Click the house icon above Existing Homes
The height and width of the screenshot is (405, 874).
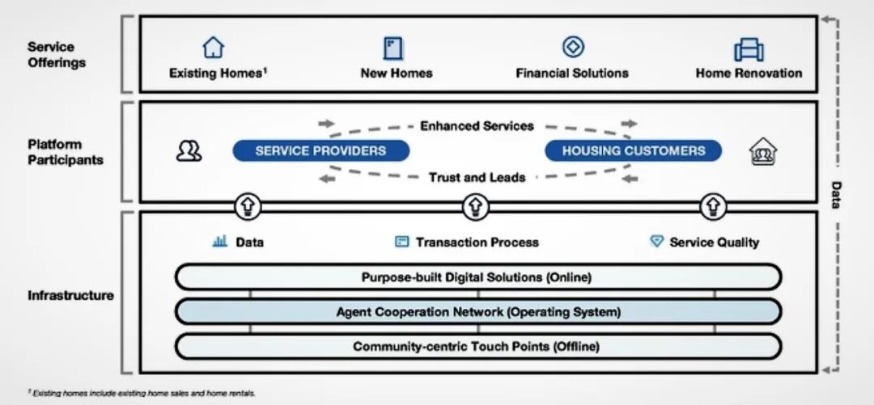point(214,48)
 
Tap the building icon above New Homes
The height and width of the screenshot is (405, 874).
point(393,48)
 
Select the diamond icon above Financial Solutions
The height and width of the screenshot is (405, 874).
point(573,47)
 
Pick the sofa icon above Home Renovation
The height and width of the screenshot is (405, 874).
point(749,50)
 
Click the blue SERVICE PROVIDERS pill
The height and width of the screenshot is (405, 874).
point(320,150)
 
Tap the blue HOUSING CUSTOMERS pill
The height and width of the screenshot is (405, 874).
point(633,150)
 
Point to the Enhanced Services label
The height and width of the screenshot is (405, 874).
point(477,126)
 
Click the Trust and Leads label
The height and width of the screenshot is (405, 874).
point(477,177)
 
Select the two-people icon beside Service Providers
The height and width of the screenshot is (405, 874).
point(189,150)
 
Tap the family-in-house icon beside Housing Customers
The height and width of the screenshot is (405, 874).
point(762,151)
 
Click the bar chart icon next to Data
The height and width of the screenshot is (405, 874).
point(219,241)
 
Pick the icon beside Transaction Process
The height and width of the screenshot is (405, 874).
point(401,242)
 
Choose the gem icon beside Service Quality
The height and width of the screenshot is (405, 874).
point(657,241)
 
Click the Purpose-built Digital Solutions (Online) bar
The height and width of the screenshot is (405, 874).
point(477,277)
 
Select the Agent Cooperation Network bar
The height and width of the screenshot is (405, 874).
point(477,311)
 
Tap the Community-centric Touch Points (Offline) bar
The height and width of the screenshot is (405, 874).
point(477,347)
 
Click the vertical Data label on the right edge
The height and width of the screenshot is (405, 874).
point(837,194)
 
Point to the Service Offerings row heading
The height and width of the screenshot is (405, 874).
point(57,55)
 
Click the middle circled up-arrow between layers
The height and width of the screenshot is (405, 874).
point(475,207)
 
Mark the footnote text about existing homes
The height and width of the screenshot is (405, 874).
point(142,392)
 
